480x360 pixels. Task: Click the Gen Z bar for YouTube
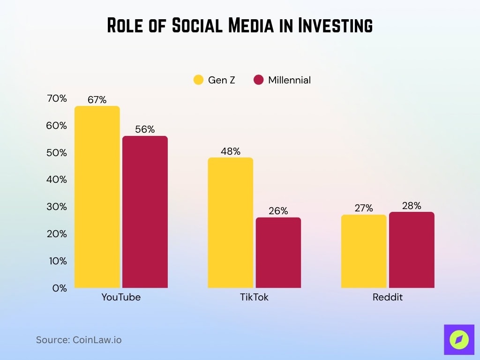pos(97,197)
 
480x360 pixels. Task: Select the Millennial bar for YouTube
pos(145,212)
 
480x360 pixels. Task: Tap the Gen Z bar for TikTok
pos(230,223)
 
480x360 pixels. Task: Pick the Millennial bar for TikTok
pos(278,253)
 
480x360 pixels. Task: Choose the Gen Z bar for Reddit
pos(364,251)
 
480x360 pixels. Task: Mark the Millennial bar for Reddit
pos(412,250)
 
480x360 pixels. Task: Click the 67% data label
pos(97,100)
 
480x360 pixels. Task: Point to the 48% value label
pos(230,151)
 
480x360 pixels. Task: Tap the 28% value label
pos(412,206)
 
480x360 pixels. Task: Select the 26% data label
pos(278,211)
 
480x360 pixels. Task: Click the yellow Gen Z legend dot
pos(198,80)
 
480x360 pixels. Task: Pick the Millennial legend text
pos(289,80)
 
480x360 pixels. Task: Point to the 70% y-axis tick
pos(57,98)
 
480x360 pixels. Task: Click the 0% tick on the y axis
pos(60,288)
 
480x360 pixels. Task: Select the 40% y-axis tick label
pos(57,180)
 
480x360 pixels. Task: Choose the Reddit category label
pos(388,297)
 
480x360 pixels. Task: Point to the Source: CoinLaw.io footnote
pos(79,340)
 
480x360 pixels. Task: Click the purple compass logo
pos(459,339)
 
